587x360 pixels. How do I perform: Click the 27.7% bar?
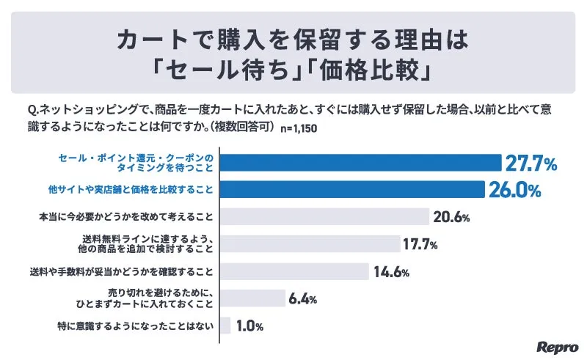(x=360, y=162)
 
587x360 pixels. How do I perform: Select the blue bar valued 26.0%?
(x=351, y=189)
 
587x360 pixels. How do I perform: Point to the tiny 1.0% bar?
(x=225, y=325)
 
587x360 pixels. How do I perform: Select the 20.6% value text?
(x=451, y=218)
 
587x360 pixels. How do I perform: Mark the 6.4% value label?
(x=304, y=299)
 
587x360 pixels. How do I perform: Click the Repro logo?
(x=558, y=346)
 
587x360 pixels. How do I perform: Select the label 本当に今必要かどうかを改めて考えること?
(x=125, y=217)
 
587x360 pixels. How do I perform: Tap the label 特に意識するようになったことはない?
(x=135, y=325)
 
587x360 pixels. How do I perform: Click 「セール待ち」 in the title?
(x=220, y=73)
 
